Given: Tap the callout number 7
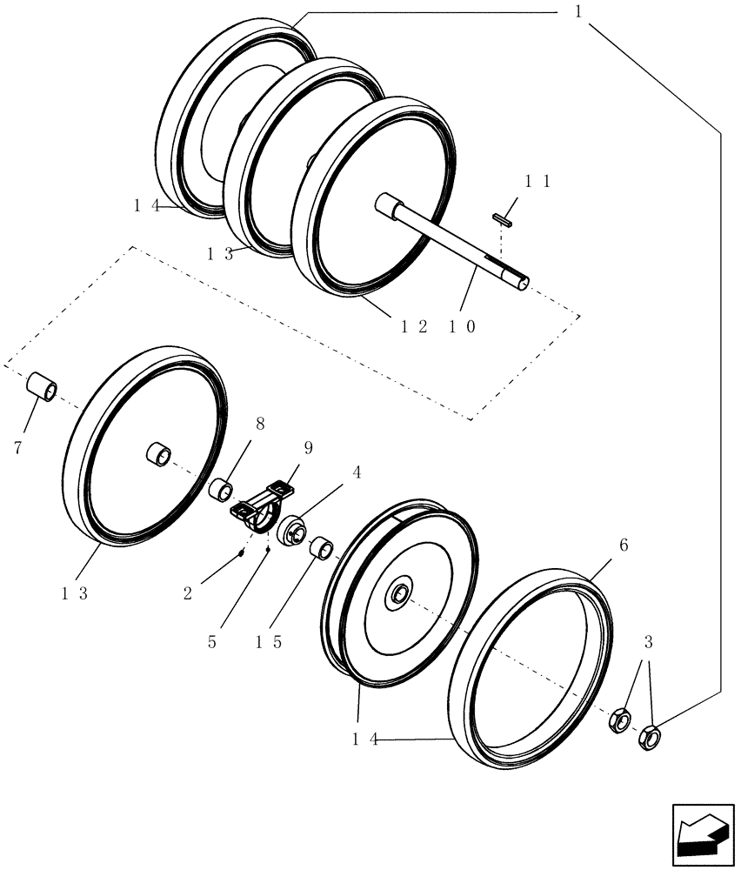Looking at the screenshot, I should [x=17, y=448].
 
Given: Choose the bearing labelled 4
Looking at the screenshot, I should [x=291, y=530].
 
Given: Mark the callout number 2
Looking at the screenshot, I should [x=188, y=593].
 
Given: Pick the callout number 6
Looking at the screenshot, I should [x=623, y=545].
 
